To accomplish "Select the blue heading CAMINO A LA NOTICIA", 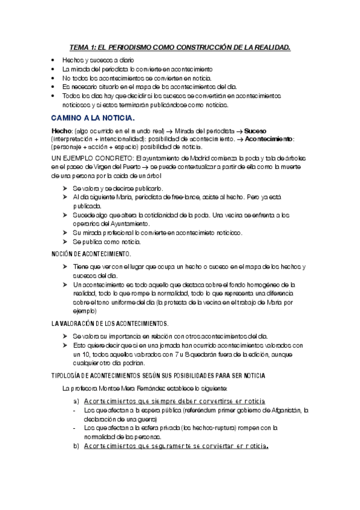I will (93, 117).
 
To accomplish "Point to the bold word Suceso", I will (253, 131).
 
